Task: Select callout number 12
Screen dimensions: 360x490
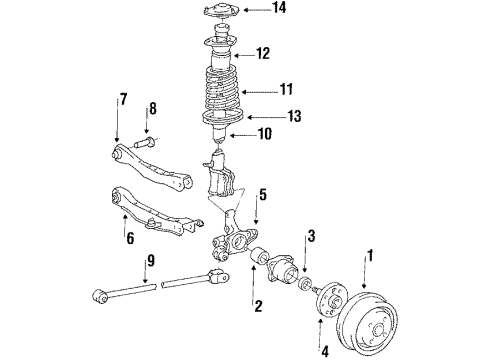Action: click(263, 53)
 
